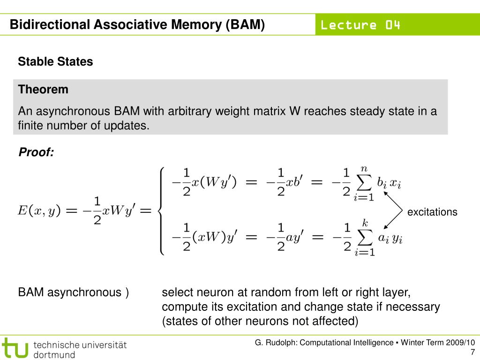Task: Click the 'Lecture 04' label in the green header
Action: tap(360, 25)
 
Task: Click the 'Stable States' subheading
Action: tap(55, 61)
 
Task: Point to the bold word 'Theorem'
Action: tap(43, 89)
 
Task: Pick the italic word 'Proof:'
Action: tap(36, 152)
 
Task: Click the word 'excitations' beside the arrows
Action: tap(432, 212)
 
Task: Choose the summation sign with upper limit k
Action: tap(364, 238)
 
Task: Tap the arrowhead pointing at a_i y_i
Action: tap(386, 226)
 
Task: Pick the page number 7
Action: tap(472, 352)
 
